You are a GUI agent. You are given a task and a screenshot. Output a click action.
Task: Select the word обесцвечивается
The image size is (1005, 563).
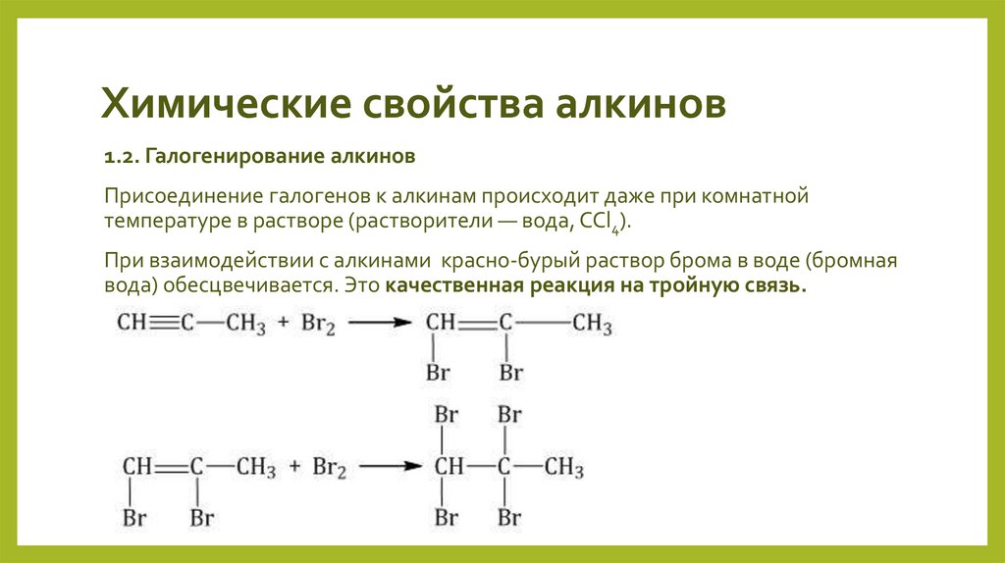coord(263,287)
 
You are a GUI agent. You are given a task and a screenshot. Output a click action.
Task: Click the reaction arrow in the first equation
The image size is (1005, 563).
coord(377,323)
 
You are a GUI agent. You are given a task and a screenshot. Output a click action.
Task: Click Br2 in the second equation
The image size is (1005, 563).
coord(331,468)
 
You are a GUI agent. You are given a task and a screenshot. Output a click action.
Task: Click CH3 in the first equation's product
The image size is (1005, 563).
coord(593,323)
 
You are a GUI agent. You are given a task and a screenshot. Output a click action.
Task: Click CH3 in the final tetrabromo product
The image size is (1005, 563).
coord(564,467)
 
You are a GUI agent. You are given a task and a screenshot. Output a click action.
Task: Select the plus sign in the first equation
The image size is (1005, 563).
coord(282,323)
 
